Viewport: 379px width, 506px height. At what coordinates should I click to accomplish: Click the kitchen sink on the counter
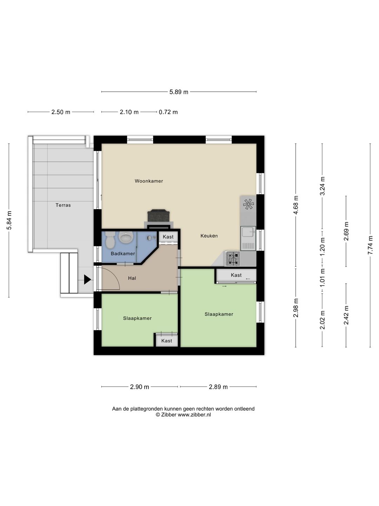pos(248,238)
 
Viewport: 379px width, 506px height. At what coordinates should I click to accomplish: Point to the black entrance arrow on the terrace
pos(87,279)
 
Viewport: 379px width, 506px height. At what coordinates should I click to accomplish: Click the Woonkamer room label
pos(149,181)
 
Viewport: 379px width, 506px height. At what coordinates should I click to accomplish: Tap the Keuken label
pos(209,236)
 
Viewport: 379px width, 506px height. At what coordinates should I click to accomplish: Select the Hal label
pos(132,278)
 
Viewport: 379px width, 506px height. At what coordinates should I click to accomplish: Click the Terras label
pos(63,205)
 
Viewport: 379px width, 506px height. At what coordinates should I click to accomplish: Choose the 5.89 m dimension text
pos(179,92)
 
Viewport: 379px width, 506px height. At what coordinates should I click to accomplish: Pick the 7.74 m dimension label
pos(370,245)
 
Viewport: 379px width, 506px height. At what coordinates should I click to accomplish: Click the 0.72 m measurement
pos(168,112)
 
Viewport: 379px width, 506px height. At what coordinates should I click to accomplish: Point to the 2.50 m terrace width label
pos(61,112)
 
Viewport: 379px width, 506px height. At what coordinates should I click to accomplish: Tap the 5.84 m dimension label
pos(9,220)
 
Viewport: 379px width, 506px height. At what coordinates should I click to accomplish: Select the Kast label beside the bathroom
pos(168,237)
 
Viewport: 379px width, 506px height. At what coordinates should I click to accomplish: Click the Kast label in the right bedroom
pos(236,275)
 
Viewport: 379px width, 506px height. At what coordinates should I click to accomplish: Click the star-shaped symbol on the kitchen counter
pos(248,204)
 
